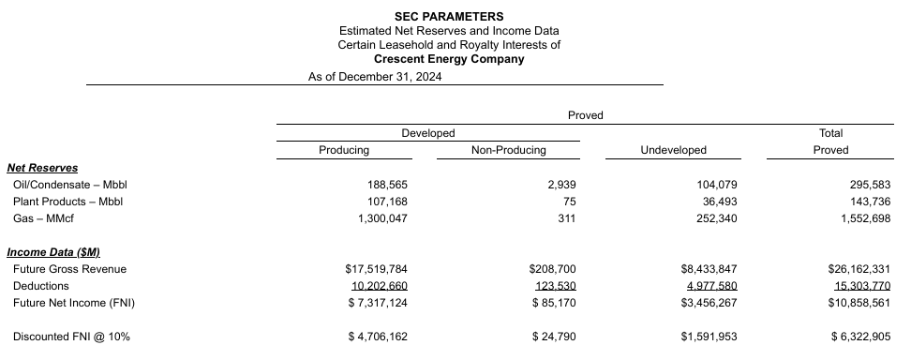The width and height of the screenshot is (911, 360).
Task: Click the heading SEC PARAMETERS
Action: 449,16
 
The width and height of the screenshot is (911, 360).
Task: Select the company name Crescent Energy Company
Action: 449,59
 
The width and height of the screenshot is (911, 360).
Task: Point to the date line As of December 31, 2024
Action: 375,77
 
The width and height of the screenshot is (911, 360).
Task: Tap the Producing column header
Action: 344,149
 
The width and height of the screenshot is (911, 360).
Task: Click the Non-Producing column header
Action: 508,149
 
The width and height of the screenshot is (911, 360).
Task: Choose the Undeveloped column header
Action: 673,149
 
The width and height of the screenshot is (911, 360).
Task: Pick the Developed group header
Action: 427,133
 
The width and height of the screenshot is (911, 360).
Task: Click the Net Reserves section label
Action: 40,167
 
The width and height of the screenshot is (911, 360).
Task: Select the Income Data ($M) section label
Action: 53,252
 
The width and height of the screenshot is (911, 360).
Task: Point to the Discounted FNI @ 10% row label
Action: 71,336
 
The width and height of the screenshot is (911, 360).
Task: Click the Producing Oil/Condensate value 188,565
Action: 386,185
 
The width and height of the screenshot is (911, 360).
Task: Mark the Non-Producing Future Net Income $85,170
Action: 552,303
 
